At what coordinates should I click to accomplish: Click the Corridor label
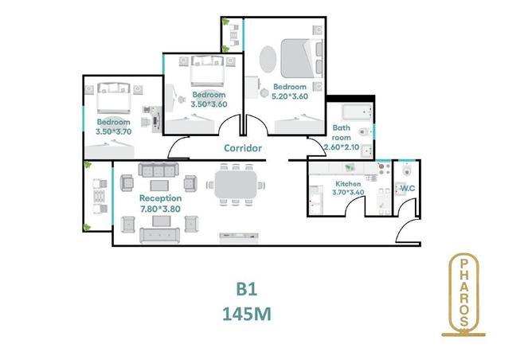click(243, 147)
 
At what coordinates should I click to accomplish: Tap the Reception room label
click(160, 198)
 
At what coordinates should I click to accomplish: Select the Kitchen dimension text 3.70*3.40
click(349, 192)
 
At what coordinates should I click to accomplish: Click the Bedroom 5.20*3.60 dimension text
click(290, 96)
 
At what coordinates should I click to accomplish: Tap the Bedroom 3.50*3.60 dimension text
click(209, 104)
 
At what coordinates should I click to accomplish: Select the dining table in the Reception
click(235, 186)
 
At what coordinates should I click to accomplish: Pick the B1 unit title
click(245, 288)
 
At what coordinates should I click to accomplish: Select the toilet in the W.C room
click(407, 170)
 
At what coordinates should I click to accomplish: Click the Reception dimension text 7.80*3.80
click(160, 209)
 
